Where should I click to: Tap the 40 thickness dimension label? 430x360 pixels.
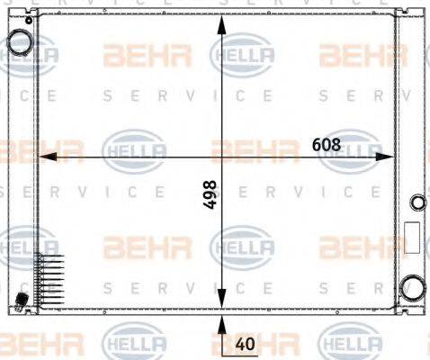[244, 343]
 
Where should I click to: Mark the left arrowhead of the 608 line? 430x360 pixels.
[41, 157]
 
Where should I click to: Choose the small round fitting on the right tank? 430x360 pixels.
[416, 202]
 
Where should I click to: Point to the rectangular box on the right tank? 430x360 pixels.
[413, 238]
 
